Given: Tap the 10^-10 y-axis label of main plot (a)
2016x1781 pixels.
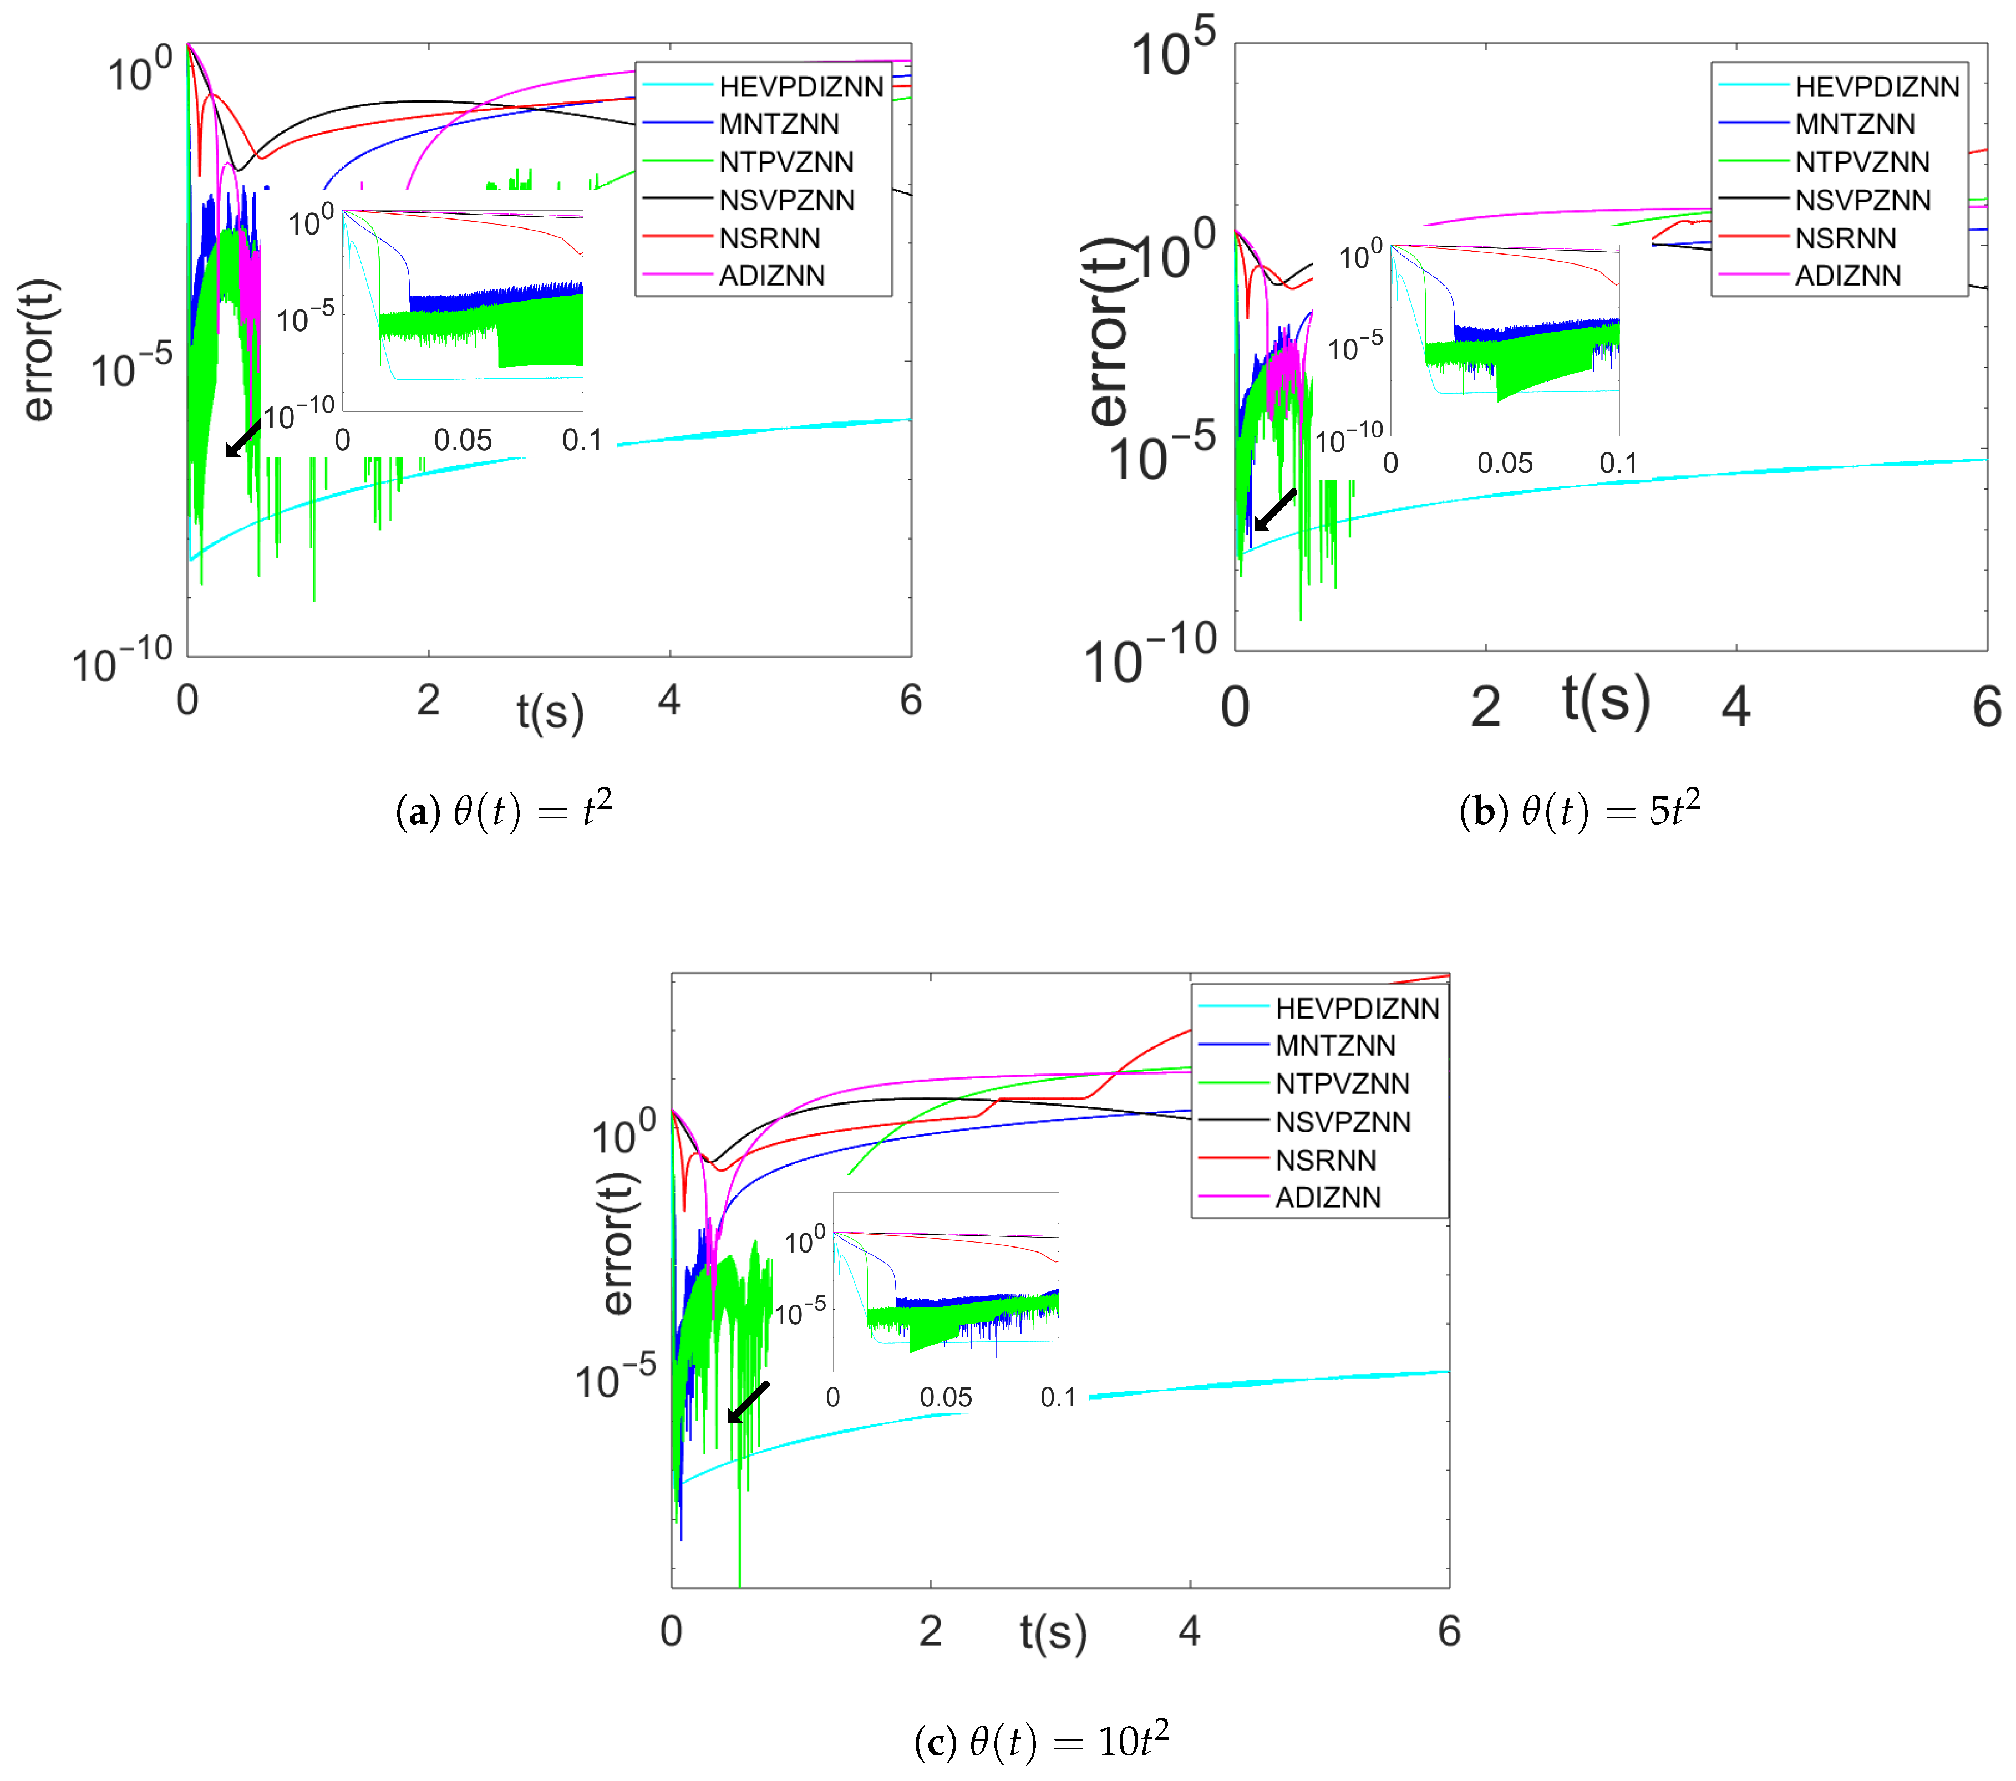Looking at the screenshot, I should (x=123, y=661).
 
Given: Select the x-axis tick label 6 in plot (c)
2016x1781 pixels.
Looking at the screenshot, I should (x=1448, y=1631).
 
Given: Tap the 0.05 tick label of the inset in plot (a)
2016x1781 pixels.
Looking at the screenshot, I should (x=463, y=441).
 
